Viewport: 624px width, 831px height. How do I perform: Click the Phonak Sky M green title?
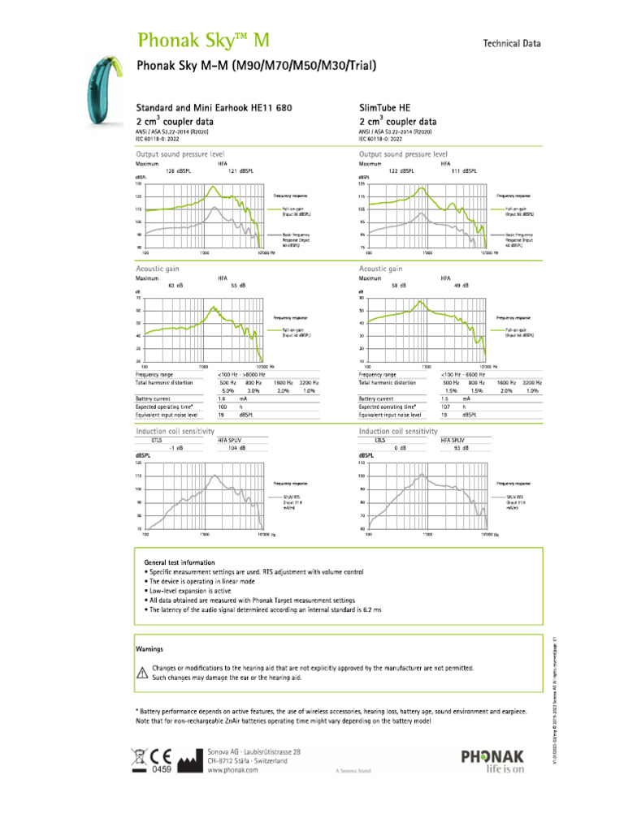pos(203,41)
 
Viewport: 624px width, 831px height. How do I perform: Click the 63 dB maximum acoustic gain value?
pos(175,286)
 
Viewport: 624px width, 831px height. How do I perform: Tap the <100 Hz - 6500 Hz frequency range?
pos(469,374)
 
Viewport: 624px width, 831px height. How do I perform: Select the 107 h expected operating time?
pos(445,407)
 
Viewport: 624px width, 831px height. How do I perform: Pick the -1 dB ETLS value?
pos(175,447)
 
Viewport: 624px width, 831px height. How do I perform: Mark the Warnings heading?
pos(149,649)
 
